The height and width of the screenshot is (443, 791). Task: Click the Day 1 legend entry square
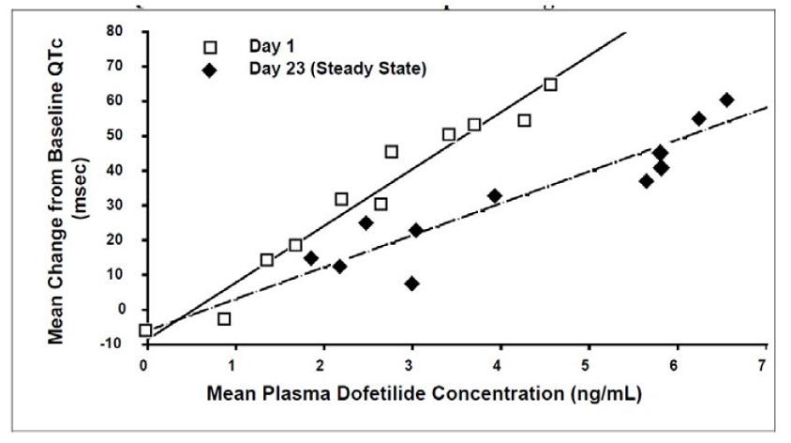tap(211, 46)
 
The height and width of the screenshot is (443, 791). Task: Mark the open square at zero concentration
tap(145, 330)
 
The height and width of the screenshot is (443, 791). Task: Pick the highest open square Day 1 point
tap(550, 84)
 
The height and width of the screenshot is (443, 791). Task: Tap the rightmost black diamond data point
tap(726, 100)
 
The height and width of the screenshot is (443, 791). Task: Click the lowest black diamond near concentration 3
tap(411, 283)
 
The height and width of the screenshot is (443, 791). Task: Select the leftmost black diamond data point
tap(311, 258)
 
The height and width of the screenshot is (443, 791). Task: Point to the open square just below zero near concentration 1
tap(224, 319)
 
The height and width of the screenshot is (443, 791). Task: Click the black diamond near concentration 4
tap(494, 196)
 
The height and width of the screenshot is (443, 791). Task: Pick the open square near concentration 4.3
tap(524, 120)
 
